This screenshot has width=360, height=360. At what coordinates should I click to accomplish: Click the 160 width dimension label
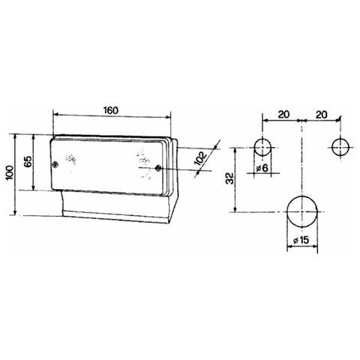click(110, 110)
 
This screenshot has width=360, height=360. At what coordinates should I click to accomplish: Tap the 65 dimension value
click(28, 163)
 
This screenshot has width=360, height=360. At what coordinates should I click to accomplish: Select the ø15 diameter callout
click(302, 239)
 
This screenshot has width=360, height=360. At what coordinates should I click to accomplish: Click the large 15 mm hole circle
click(301, 212)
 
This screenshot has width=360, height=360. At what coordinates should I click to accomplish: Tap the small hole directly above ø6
click(262, 146)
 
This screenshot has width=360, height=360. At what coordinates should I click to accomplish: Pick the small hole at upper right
click(341, 146)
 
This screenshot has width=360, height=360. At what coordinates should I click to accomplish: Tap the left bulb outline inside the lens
click(73, 160)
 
